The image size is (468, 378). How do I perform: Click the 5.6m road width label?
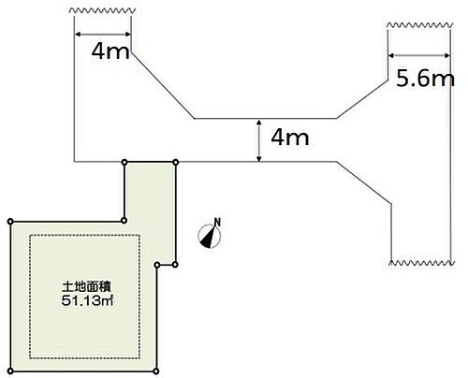coord(425,78)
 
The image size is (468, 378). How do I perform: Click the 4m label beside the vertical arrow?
coord(290,138)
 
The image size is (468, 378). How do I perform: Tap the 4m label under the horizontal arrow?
coord(110,51)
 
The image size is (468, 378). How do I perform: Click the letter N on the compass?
coord(217,222)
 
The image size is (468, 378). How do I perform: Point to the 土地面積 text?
coord(87,286)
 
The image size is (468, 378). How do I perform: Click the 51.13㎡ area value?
coord(87,300)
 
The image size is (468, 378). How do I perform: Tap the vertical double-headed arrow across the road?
coord(258,140)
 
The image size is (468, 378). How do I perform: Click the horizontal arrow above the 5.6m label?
coord(419,55)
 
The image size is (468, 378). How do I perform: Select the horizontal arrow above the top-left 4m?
coord(103,34)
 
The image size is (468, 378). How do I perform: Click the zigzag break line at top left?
coord(102,10)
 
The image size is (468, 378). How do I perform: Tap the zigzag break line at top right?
coord(419,25)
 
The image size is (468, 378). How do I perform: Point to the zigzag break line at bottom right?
coord(421,263)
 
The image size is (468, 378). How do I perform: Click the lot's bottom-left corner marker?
coord(10,371)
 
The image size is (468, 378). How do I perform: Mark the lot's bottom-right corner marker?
coord(156,371)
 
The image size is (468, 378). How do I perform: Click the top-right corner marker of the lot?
coord(176,162)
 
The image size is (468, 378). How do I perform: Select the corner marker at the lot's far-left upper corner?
coord(10,222)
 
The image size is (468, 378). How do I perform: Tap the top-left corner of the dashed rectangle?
coord(30,235)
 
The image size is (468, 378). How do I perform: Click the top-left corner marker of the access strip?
coord(124,162)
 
